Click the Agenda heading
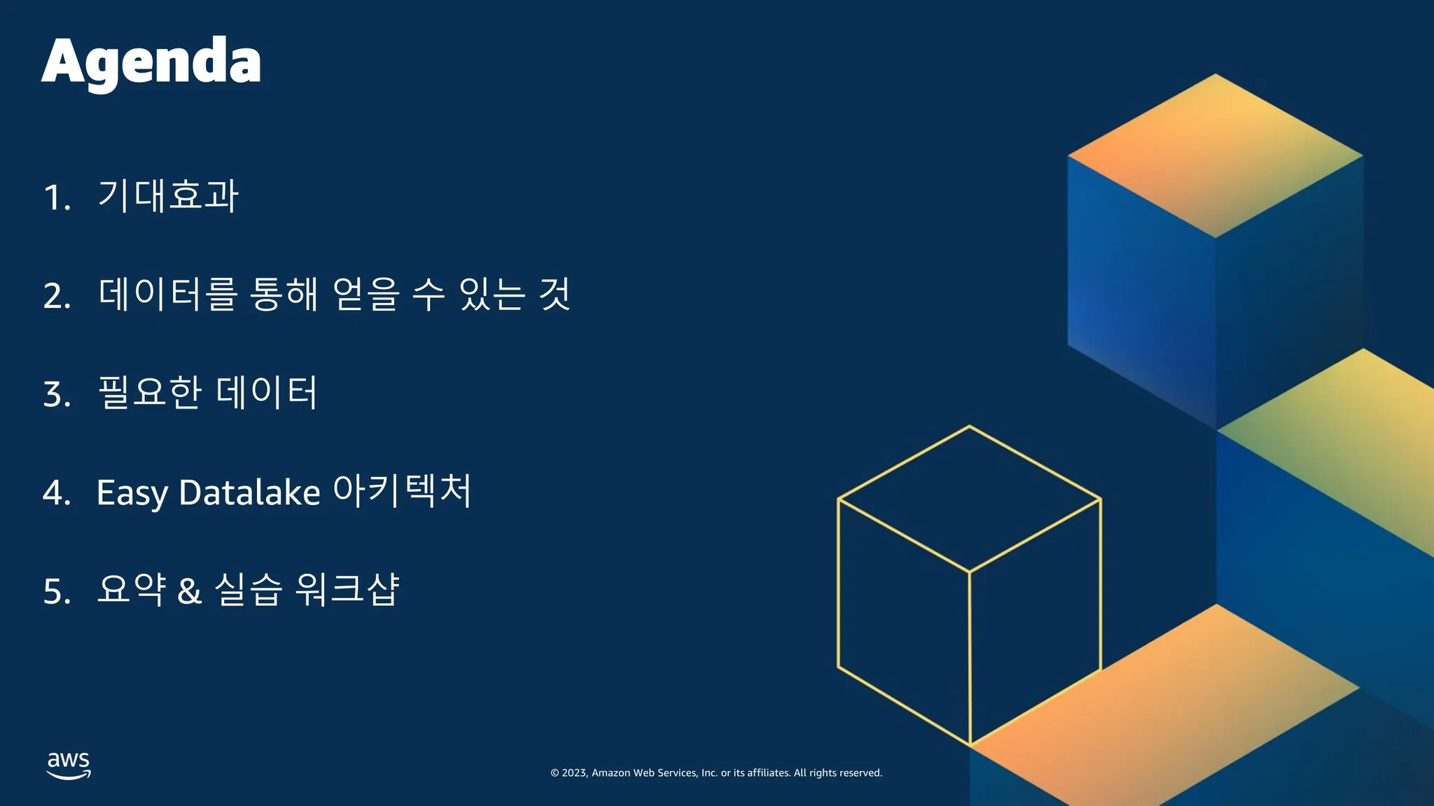(151, 63)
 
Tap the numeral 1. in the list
(57, 198)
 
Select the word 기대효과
(168, 195)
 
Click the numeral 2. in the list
(57, 296)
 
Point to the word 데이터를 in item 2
(168, 294)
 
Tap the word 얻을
(366, 294)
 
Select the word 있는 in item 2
(492, 294)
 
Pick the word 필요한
(150, 392)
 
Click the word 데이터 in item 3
(267, 392)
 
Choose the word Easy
(132, 493)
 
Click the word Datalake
(250, 492)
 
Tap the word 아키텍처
(402, 490)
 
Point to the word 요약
(132, 588)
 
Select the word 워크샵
(347, 588)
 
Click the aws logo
(69, 765)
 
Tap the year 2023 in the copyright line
(574, 773)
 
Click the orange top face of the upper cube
(1215, 155)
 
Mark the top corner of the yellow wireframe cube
(970, 425)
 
